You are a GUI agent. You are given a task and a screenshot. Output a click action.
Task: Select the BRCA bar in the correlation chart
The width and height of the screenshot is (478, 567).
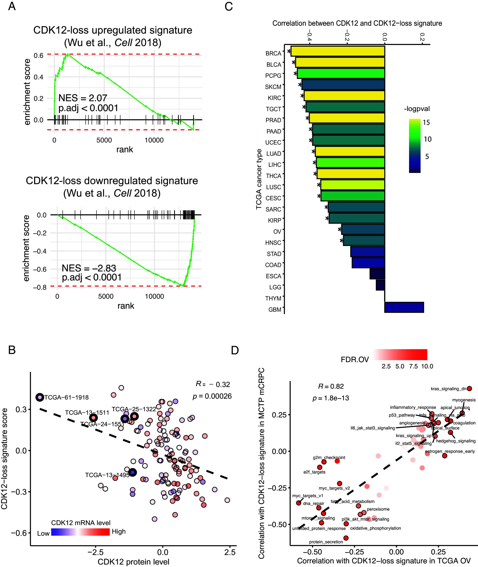[x=337, y=51]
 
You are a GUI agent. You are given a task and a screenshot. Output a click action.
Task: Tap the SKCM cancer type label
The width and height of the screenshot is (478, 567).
[x=273, y=87]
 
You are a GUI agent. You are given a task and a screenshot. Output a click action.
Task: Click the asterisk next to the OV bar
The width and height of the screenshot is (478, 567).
[x=340, y=230]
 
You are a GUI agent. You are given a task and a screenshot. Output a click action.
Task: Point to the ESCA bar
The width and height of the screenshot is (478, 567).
[x=377, y=274]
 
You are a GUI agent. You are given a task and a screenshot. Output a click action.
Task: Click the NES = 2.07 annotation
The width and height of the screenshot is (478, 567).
[x=83, y=98]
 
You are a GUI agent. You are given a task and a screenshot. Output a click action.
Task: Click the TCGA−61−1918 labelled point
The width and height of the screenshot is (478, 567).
[x=40, y=397]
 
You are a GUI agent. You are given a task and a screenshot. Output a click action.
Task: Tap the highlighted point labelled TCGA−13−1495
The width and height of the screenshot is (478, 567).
[x=132, y=472]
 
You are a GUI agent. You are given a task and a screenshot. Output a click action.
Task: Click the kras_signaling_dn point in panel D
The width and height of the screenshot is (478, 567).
[x=469, y=388]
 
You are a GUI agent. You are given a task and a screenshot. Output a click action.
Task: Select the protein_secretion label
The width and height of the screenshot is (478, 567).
[x=326, y=542]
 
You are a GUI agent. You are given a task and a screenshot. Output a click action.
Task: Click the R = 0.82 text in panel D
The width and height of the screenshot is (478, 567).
[x=331, y=386]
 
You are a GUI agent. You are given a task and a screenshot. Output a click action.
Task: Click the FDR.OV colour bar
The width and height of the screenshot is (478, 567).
[x=400, y=354]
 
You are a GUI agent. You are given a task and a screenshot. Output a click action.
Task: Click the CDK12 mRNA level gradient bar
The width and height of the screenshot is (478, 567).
[x=80, y=532]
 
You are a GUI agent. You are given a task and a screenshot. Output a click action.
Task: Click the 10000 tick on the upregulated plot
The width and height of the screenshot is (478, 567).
[x=154, y=140]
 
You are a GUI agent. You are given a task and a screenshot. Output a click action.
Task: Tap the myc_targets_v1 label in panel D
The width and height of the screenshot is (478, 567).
[x=307, y=496]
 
